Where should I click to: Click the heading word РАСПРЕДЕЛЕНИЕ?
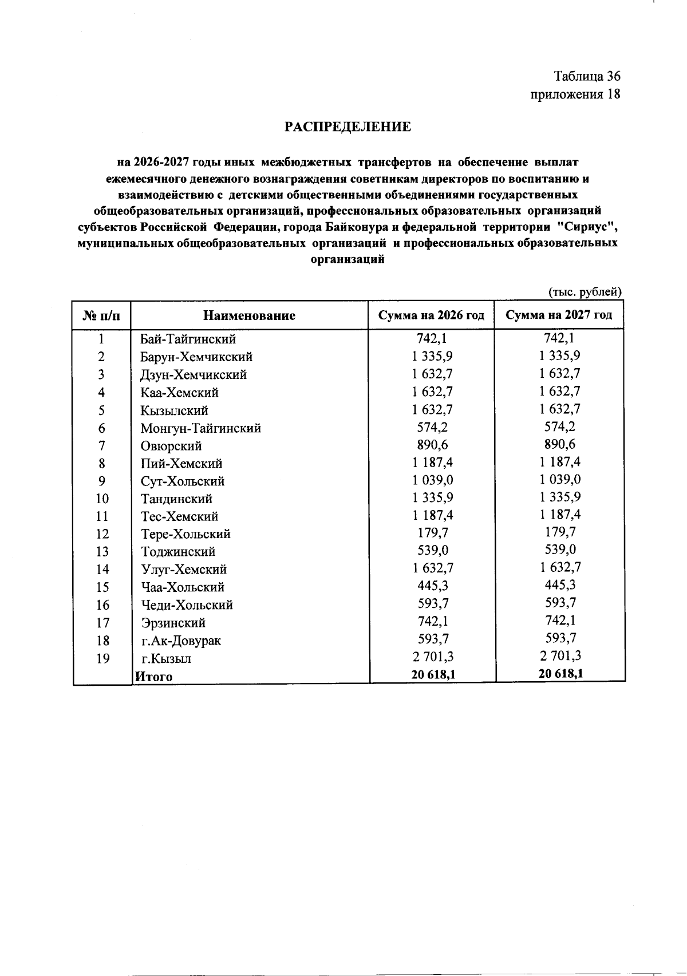pos(348,127)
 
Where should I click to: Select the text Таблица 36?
pos(587,76)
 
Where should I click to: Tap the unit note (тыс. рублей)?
pos(585,292)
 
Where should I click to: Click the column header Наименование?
pos(249,315)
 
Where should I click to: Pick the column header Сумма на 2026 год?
pos(432,315)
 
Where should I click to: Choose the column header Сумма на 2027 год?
pos(559,315)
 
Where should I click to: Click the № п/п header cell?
pos(101,315)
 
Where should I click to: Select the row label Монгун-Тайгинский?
pos(201,428)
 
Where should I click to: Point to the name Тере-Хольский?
pos(185,534)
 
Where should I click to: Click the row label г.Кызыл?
pos(167,658)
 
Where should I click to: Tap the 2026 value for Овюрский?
pos(433,445)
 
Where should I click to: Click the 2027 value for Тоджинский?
pos(560,550)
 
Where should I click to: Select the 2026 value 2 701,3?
pos(433,657)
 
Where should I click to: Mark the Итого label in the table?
pos(153,677)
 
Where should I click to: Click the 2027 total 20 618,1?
pos(560,674)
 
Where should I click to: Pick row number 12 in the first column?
pos(101,534)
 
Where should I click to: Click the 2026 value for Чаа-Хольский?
pos(433,586)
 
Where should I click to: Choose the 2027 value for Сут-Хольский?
pos(560,479)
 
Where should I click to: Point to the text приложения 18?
pos(575,94)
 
